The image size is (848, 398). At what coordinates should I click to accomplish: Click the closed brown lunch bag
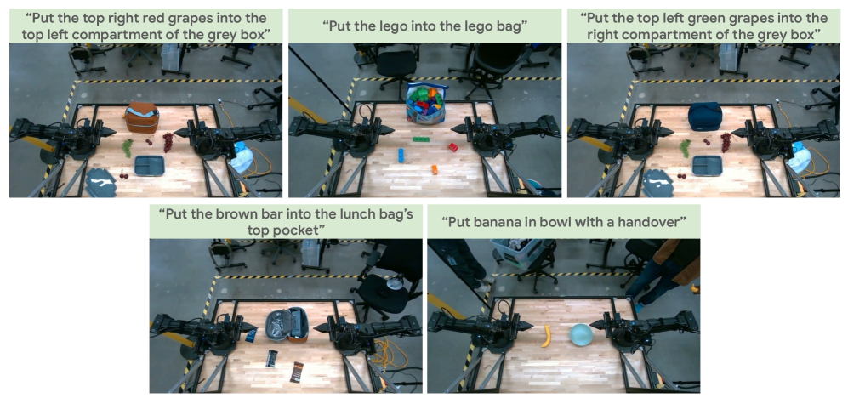142,117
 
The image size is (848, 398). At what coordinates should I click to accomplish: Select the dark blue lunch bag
705,117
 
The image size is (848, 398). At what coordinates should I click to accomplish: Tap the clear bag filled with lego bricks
427,103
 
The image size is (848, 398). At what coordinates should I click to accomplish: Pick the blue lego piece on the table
401,155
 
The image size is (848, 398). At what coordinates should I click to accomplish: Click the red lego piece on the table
453,146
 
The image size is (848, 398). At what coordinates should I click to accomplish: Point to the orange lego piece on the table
435,169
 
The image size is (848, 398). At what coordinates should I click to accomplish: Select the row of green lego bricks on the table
421,139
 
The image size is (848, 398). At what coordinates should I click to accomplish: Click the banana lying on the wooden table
546,336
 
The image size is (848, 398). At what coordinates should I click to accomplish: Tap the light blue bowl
582,334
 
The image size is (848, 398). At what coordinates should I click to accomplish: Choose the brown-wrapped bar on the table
297,372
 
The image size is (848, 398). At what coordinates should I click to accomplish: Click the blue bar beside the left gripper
252,336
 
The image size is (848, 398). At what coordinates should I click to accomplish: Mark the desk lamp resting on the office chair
396,283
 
